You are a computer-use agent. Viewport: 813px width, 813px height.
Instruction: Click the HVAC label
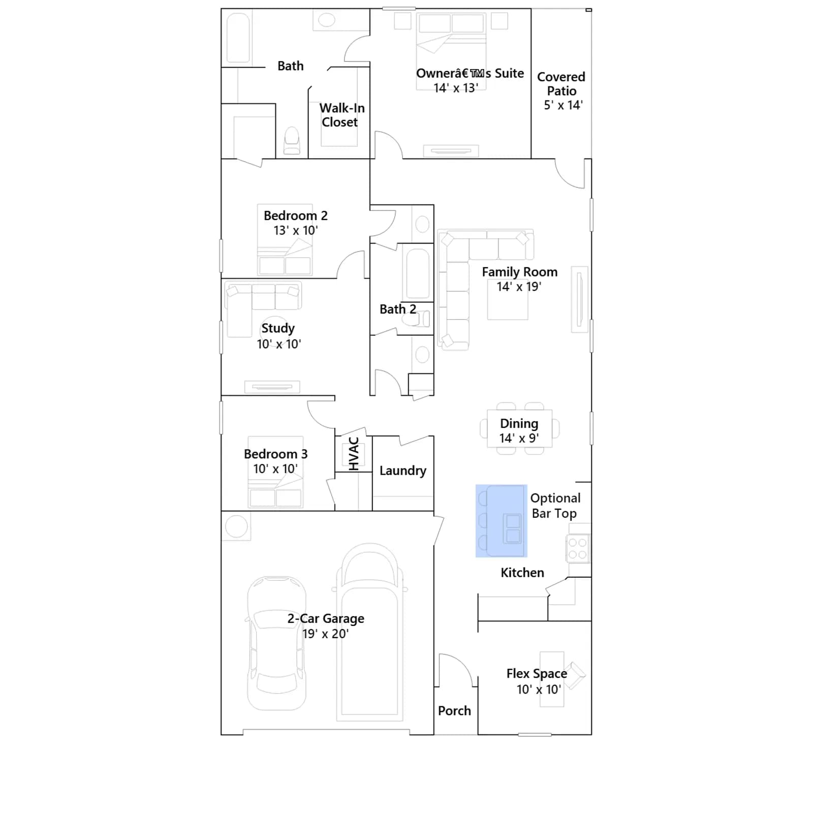(x=354, y=453)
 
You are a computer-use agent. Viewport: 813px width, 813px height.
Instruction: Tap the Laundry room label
(x=403, y=471)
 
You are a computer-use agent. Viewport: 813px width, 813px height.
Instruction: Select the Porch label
(x=454, y=710)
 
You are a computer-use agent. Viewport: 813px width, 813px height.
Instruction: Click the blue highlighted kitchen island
(x=502, y=521)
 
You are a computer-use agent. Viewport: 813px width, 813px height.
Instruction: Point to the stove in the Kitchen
(x=578, y=548)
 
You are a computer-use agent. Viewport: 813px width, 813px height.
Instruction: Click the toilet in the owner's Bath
(x=292, y=140)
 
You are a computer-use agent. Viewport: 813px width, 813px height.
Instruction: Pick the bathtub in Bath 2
(x=418, y=273)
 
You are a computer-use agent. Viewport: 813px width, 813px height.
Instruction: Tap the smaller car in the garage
(x=276, y=643)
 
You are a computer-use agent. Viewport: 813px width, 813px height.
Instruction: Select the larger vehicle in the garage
(x=369, y=632)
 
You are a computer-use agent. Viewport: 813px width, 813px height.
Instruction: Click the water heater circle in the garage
(x=236, y=526)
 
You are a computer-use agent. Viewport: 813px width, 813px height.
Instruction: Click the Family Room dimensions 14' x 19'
(x=519, y=287)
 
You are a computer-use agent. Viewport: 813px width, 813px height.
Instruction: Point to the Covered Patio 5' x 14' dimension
(x=563, y=105)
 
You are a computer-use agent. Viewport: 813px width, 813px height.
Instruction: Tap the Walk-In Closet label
(x=341, y=115)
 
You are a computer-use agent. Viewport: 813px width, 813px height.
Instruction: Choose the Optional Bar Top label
(x=555, y=506)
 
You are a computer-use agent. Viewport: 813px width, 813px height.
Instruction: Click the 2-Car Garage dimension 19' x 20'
(x=325, y=634)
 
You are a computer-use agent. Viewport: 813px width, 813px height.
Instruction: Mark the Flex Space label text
(x=537, y=673)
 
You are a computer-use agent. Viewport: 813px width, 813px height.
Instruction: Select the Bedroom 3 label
(x=275, y=454)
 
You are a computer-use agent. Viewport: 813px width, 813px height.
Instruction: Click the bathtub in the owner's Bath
(x=238, y=38)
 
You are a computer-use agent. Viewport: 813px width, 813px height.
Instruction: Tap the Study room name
(x=278, y=328)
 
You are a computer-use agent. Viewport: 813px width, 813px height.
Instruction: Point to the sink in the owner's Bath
(x=327, y=20)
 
